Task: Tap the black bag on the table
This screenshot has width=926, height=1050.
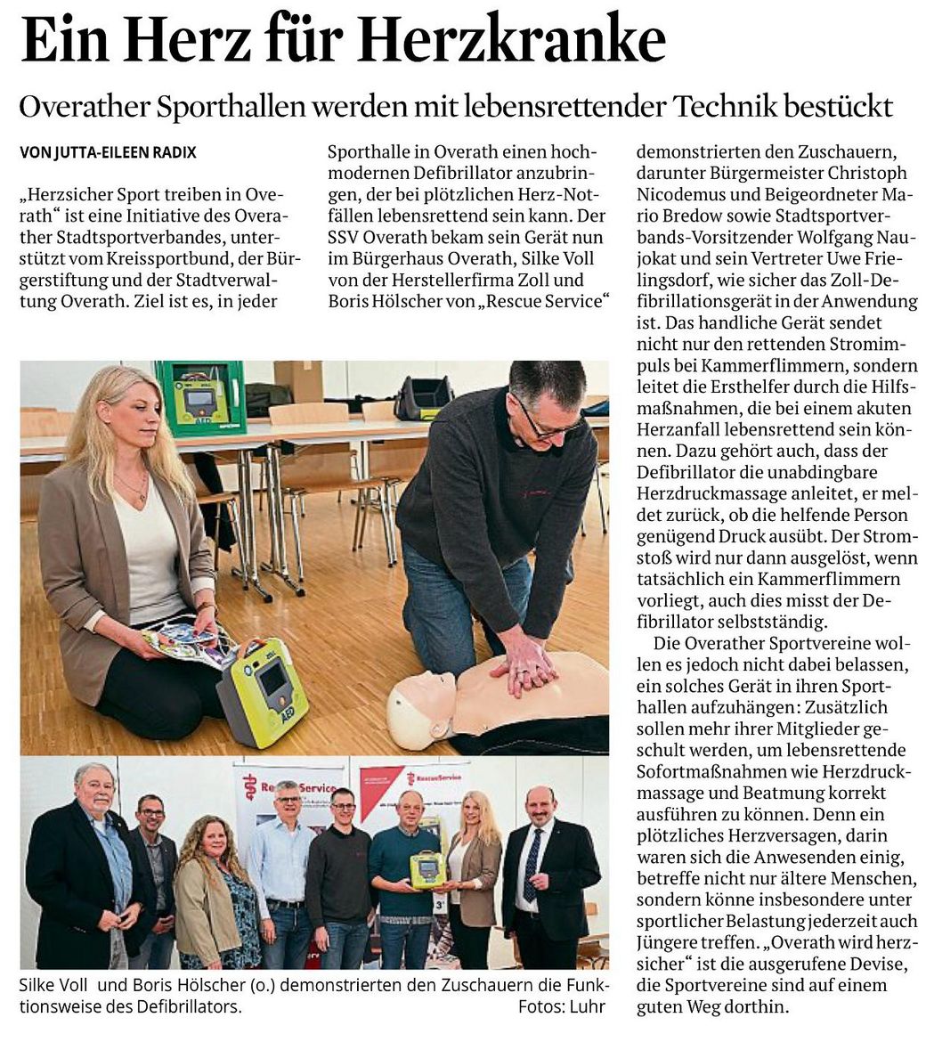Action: (x=423, y=397)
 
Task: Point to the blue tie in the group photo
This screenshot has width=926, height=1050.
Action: (x=532, y=865)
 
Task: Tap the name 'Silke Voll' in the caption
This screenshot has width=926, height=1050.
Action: (x=55, y=986)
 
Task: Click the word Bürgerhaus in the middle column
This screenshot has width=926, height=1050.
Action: (x=400, y=258)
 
